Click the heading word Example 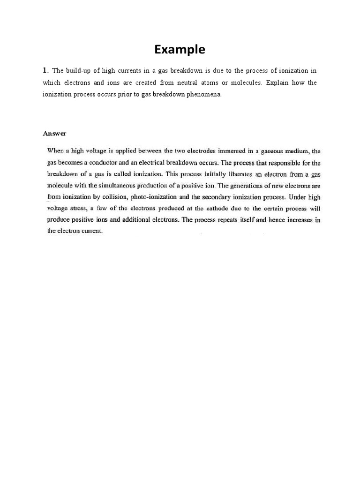coord(180,49)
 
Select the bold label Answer coord(55,134)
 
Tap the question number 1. coord(45,70)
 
